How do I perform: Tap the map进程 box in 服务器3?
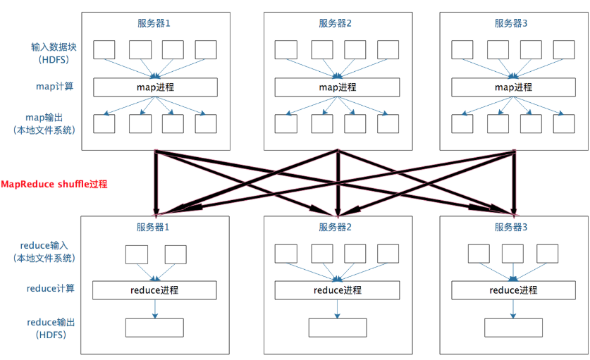(x=513, y=87)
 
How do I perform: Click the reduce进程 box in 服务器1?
(x=154, y=290)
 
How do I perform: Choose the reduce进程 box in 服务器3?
(x=513, y=290)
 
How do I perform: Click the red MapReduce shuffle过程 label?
(x=54, y=184)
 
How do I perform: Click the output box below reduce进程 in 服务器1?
(x=154, y=328)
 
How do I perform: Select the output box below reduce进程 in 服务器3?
(x=513, y=328)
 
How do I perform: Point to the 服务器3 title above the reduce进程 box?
(x=512, y=227)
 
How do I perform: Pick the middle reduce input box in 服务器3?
(x=512, y=254)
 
